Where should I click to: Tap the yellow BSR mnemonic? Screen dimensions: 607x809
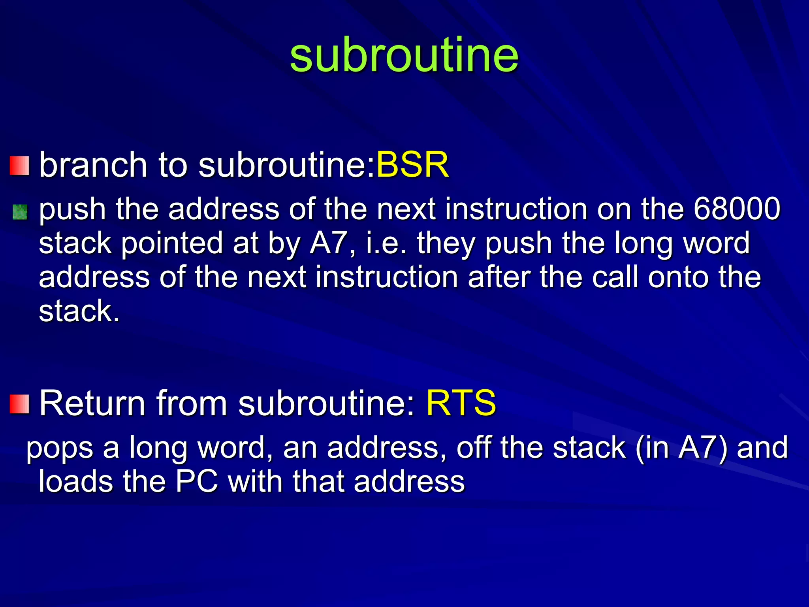coord(412,164)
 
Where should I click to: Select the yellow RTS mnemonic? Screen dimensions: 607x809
coord(461,403)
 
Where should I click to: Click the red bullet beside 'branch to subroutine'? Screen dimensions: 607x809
coord(19,166)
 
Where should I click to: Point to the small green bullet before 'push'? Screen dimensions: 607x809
coord(20,212)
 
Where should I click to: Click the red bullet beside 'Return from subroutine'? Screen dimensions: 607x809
coord(19,404)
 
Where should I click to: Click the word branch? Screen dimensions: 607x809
coord(93,164)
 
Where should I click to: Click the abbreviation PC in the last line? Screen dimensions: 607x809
coord(196,481)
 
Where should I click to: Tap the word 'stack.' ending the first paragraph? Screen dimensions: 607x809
coord(79,311)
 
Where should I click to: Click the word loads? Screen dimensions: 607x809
coord(75,481)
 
